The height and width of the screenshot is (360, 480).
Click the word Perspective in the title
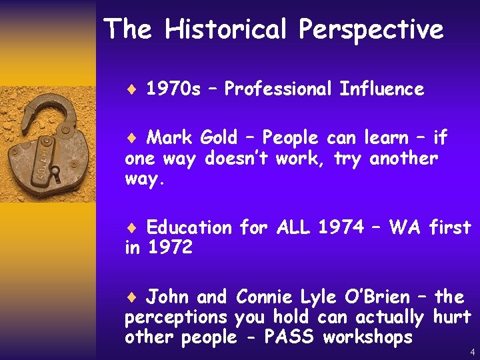click(371, 30)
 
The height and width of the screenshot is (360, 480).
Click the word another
click(403, 159)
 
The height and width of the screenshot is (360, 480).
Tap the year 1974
click(341, 227)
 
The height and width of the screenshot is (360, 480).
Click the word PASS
click(291, 337)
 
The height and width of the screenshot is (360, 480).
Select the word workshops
click(367, 338)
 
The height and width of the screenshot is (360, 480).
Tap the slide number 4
click(472, 351)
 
